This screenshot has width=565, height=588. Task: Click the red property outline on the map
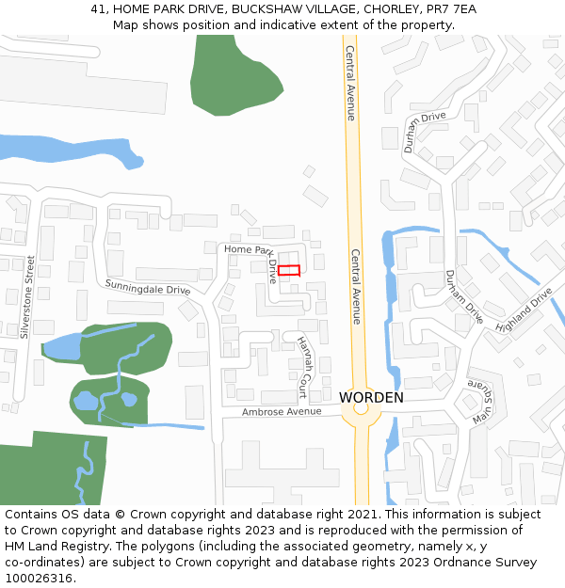(289, 270)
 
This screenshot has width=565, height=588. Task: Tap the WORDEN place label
(371, 398)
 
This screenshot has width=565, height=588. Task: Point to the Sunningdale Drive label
(147, 286)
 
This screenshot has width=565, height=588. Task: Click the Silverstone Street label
(27, 296)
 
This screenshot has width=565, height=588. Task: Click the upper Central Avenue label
(350, 83)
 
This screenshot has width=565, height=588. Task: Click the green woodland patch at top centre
(233, 75)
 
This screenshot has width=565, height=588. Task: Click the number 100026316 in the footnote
(38, 579)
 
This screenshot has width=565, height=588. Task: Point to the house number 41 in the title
(98, 9)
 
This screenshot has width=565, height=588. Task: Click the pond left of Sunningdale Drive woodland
(64, 347)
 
